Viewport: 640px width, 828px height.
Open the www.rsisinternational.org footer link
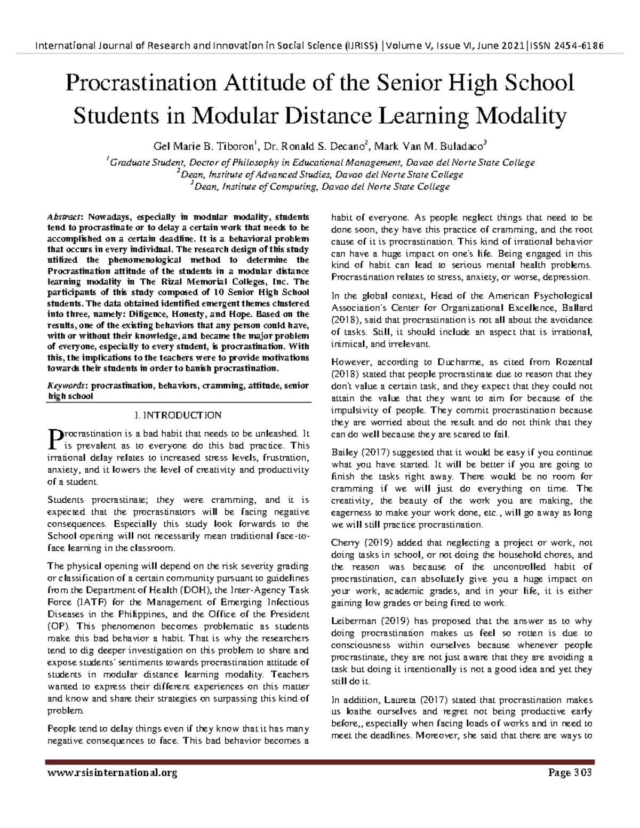click(x=112, y=773)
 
